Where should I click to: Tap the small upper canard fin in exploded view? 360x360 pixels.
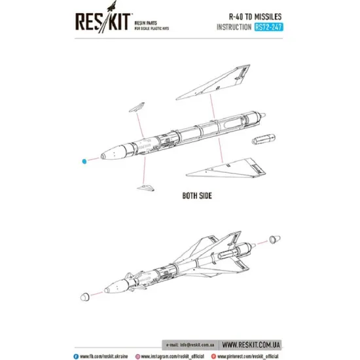[x=136, y=107]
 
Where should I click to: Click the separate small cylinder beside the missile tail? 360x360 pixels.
[x=262, y=140]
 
